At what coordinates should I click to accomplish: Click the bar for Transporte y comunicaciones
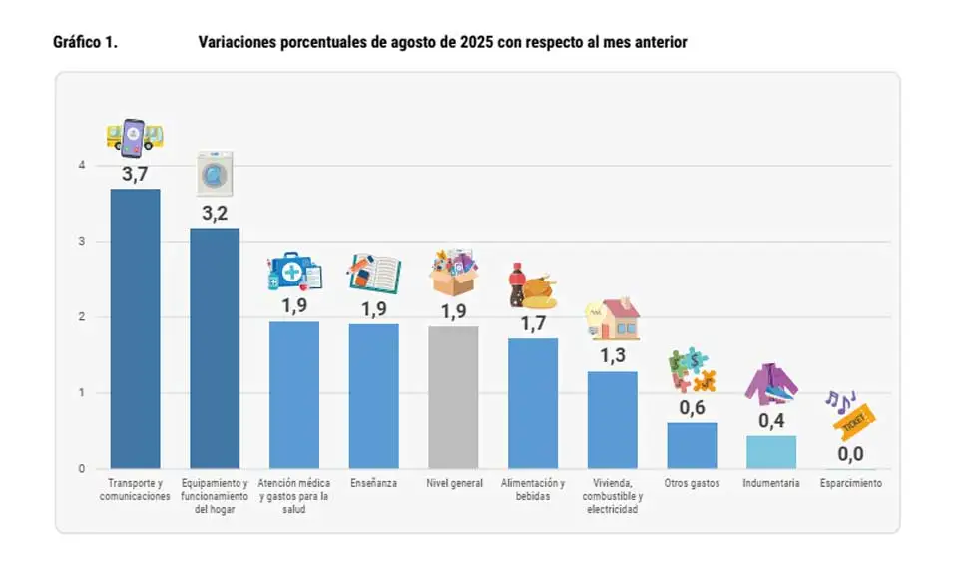135,328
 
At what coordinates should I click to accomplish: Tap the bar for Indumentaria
771,452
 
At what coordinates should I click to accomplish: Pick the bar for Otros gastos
692,445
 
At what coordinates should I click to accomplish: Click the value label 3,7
135,174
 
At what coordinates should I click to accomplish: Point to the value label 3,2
215,213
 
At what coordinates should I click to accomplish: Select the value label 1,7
533,323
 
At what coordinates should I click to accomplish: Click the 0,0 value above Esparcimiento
850,455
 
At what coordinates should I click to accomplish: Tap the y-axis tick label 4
82,166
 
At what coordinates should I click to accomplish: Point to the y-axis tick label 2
82,317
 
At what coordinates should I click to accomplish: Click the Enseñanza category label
373,484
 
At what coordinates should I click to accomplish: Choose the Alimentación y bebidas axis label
533,490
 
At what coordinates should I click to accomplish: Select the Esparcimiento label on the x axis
851,484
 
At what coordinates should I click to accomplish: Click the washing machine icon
215,173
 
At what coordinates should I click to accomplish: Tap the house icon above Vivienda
614,318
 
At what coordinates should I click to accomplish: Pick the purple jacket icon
770,384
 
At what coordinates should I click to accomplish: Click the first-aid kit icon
294,272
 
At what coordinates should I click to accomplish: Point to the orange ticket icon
854,422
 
